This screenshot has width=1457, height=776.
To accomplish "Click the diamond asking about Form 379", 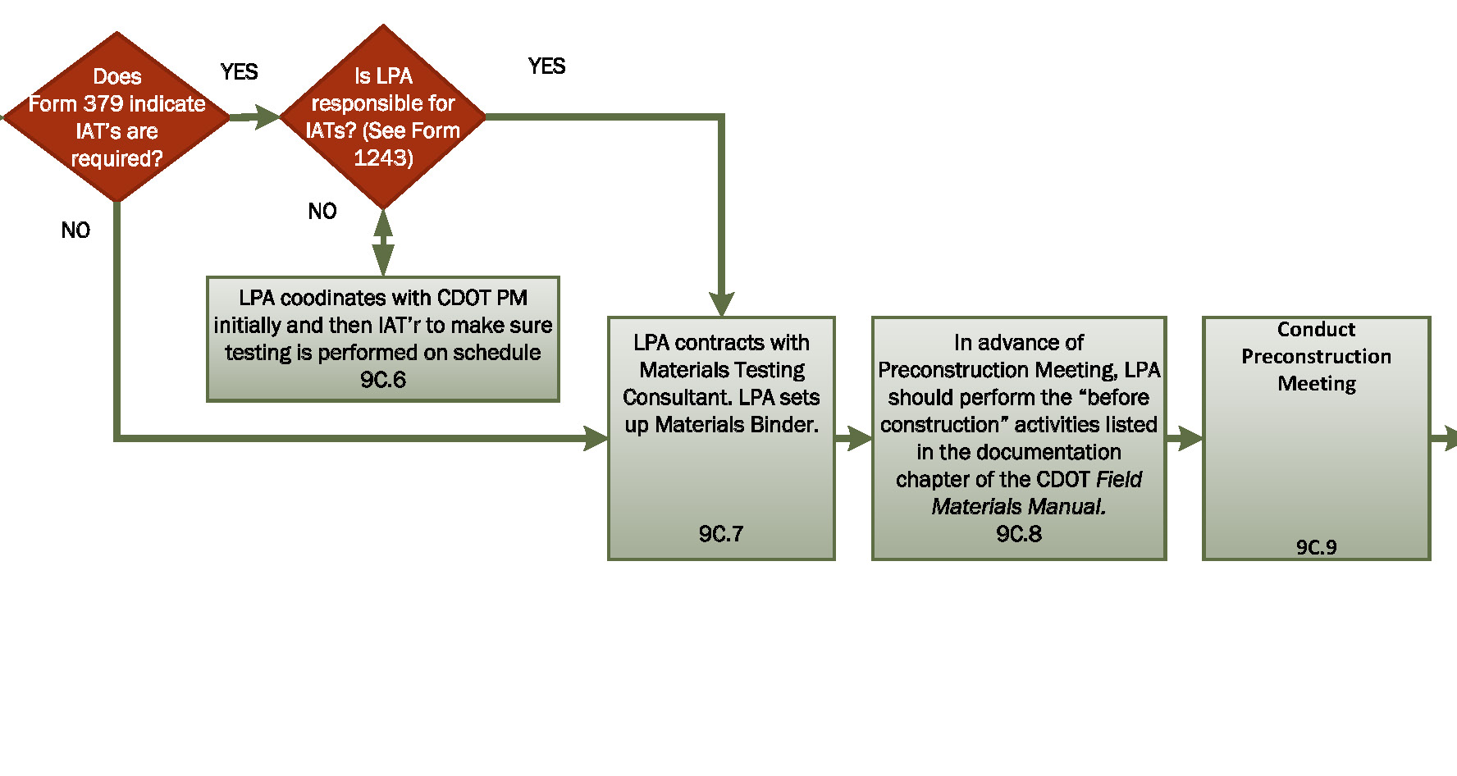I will pos(116,116).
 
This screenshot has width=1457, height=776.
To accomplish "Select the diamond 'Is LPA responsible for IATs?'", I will pos(383,116).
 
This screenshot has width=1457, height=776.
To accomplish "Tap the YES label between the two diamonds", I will pos(239,72).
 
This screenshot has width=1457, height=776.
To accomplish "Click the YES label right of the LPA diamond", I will pos(546,66).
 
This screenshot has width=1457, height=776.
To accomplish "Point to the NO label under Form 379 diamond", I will pos(75,231).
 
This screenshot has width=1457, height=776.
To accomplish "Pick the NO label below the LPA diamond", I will pos(322,212).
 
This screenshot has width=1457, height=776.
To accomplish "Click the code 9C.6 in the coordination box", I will pos(382,380).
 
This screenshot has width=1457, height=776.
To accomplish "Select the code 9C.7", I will pos(721,534).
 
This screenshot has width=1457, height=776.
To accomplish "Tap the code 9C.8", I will pos(1019,534).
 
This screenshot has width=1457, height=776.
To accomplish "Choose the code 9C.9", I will pos(1316,547).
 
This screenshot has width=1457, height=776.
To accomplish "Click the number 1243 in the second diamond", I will pos(383,157).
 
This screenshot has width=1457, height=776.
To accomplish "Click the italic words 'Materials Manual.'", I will pos(1019,507).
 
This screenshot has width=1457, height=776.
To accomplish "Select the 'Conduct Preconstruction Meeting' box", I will pos(1316,438).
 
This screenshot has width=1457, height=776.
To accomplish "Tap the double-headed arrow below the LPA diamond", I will pos(383,243).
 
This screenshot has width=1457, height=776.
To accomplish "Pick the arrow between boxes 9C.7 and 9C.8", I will pos(854,439).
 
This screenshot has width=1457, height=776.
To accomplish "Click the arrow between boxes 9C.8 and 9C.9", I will pos(1185,439).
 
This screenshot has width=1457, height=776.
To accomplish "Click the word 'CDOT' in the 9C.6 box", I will pos(464,298).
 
